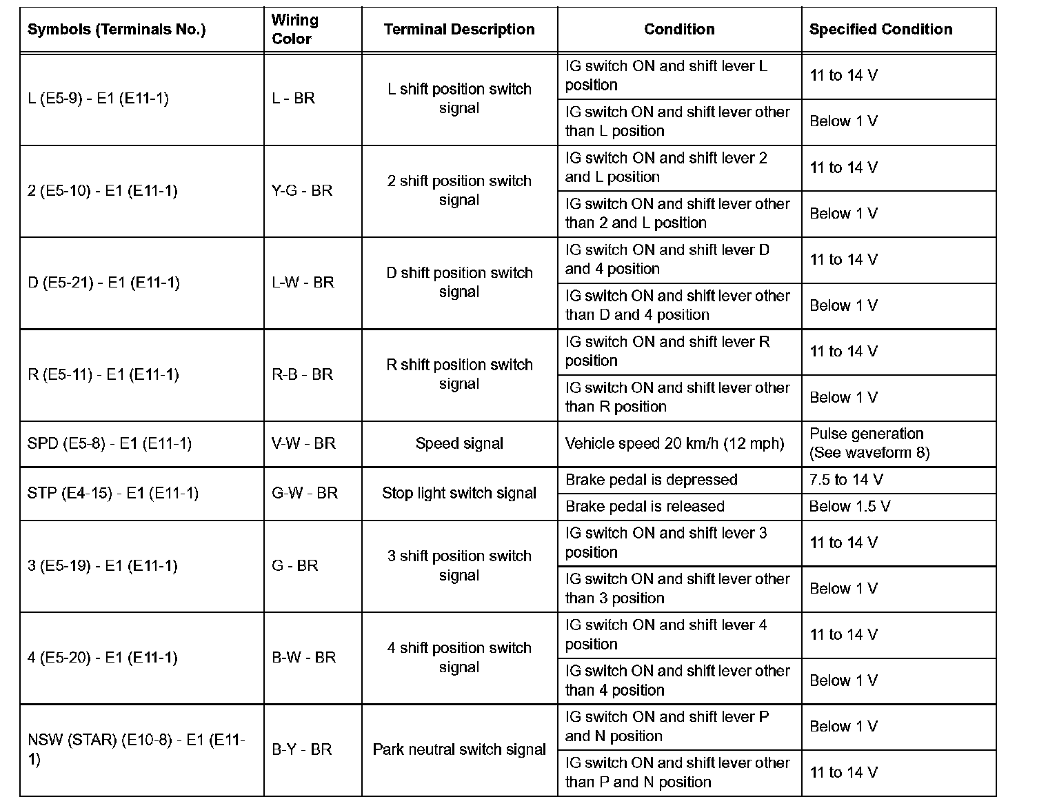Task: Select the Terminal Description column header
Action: (x=459, y=30)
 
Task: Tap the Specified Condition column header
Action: (x=880, y=30)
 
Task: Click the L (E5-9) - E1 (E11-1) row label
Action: (x=98, y=99)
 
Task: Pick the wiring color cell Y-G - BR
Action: (x=302, y=191)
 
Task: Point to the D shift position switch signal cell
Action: (x=459, y=283)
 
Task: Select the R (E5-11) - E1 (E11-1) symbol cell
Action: (x=103, y=375)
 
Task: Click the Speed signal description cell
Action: (x=459, y=444)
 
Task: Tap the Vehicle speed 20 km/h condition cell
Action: (x=674, y=444)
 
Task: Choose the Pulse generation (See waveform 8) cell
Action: (x=869, y=443)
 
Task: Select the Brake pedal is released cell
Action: (x=645, y=507)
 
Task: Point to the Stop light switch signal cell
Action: (x=459, y=494)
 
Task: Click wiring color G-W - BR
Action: (x=305, y=494)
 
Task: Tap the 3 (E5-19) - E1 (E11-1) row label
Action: (x=102, y=566)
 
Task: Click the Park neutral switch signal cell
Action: (x=459, y=749)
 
